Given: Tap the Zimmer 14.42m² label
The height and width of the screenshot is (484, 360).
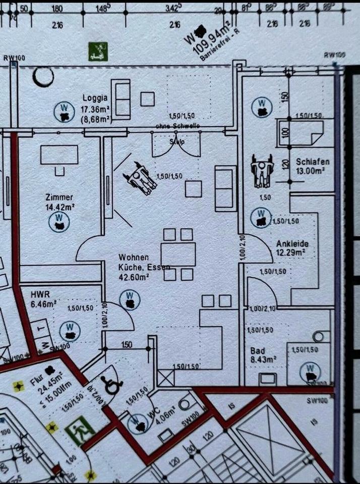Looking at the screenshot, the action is tap(59, 202).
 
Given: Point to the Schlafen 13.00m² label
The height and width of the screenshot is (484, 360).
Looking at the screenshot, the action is tap(313, 166).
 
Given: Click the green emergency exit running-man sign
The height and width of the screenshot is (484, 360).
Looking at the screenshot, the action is tap(80, 432).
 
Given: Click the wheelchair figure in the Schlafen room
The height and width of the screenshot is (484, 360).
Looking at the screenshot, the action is tap(262, 169).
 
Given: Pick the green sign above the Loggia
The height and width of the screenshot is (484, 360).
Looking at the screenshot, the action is tap(98, 51).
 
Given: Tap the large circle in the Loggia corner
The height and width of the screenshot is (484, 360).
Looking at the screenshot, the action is tap(43, 77).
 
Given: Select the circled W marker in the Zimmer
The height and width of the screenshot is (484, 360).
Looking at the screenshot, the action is tap(59, 221).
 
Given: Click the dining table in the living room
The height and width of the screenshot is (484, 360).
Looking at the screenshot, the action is tap(178, 254).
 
